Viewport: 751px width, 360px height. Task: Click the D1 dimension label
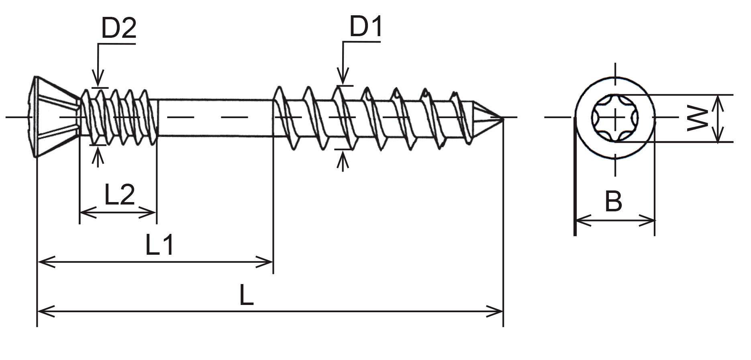pyautogui.click(x=365, y=27)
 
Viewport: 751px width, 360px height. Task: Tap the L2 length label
pyautogui.click(x=119, y=194)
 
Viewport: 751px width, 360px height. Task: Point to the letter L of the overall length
pyautogui.click(x=247, y=295)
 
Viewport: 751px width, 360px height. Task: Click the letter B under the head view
pyautogui.click(x=613, y=201)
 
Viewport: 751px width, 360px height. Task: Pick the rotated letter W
pyautogui.click(x=697, y=119)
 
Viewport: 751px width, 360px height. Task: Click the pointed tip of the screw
pyautogui.click(x=502, y=118)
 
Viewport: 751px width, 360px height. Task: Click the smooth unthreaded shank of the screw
pyautogui.click(x=215, y=118)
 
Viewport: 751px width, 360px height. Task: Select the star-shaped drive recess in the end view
pyautogui.click(x=615, y=118)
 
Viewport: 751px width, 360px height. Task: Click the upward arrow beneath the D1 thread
pyautogui.click(x=342, y=161)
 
